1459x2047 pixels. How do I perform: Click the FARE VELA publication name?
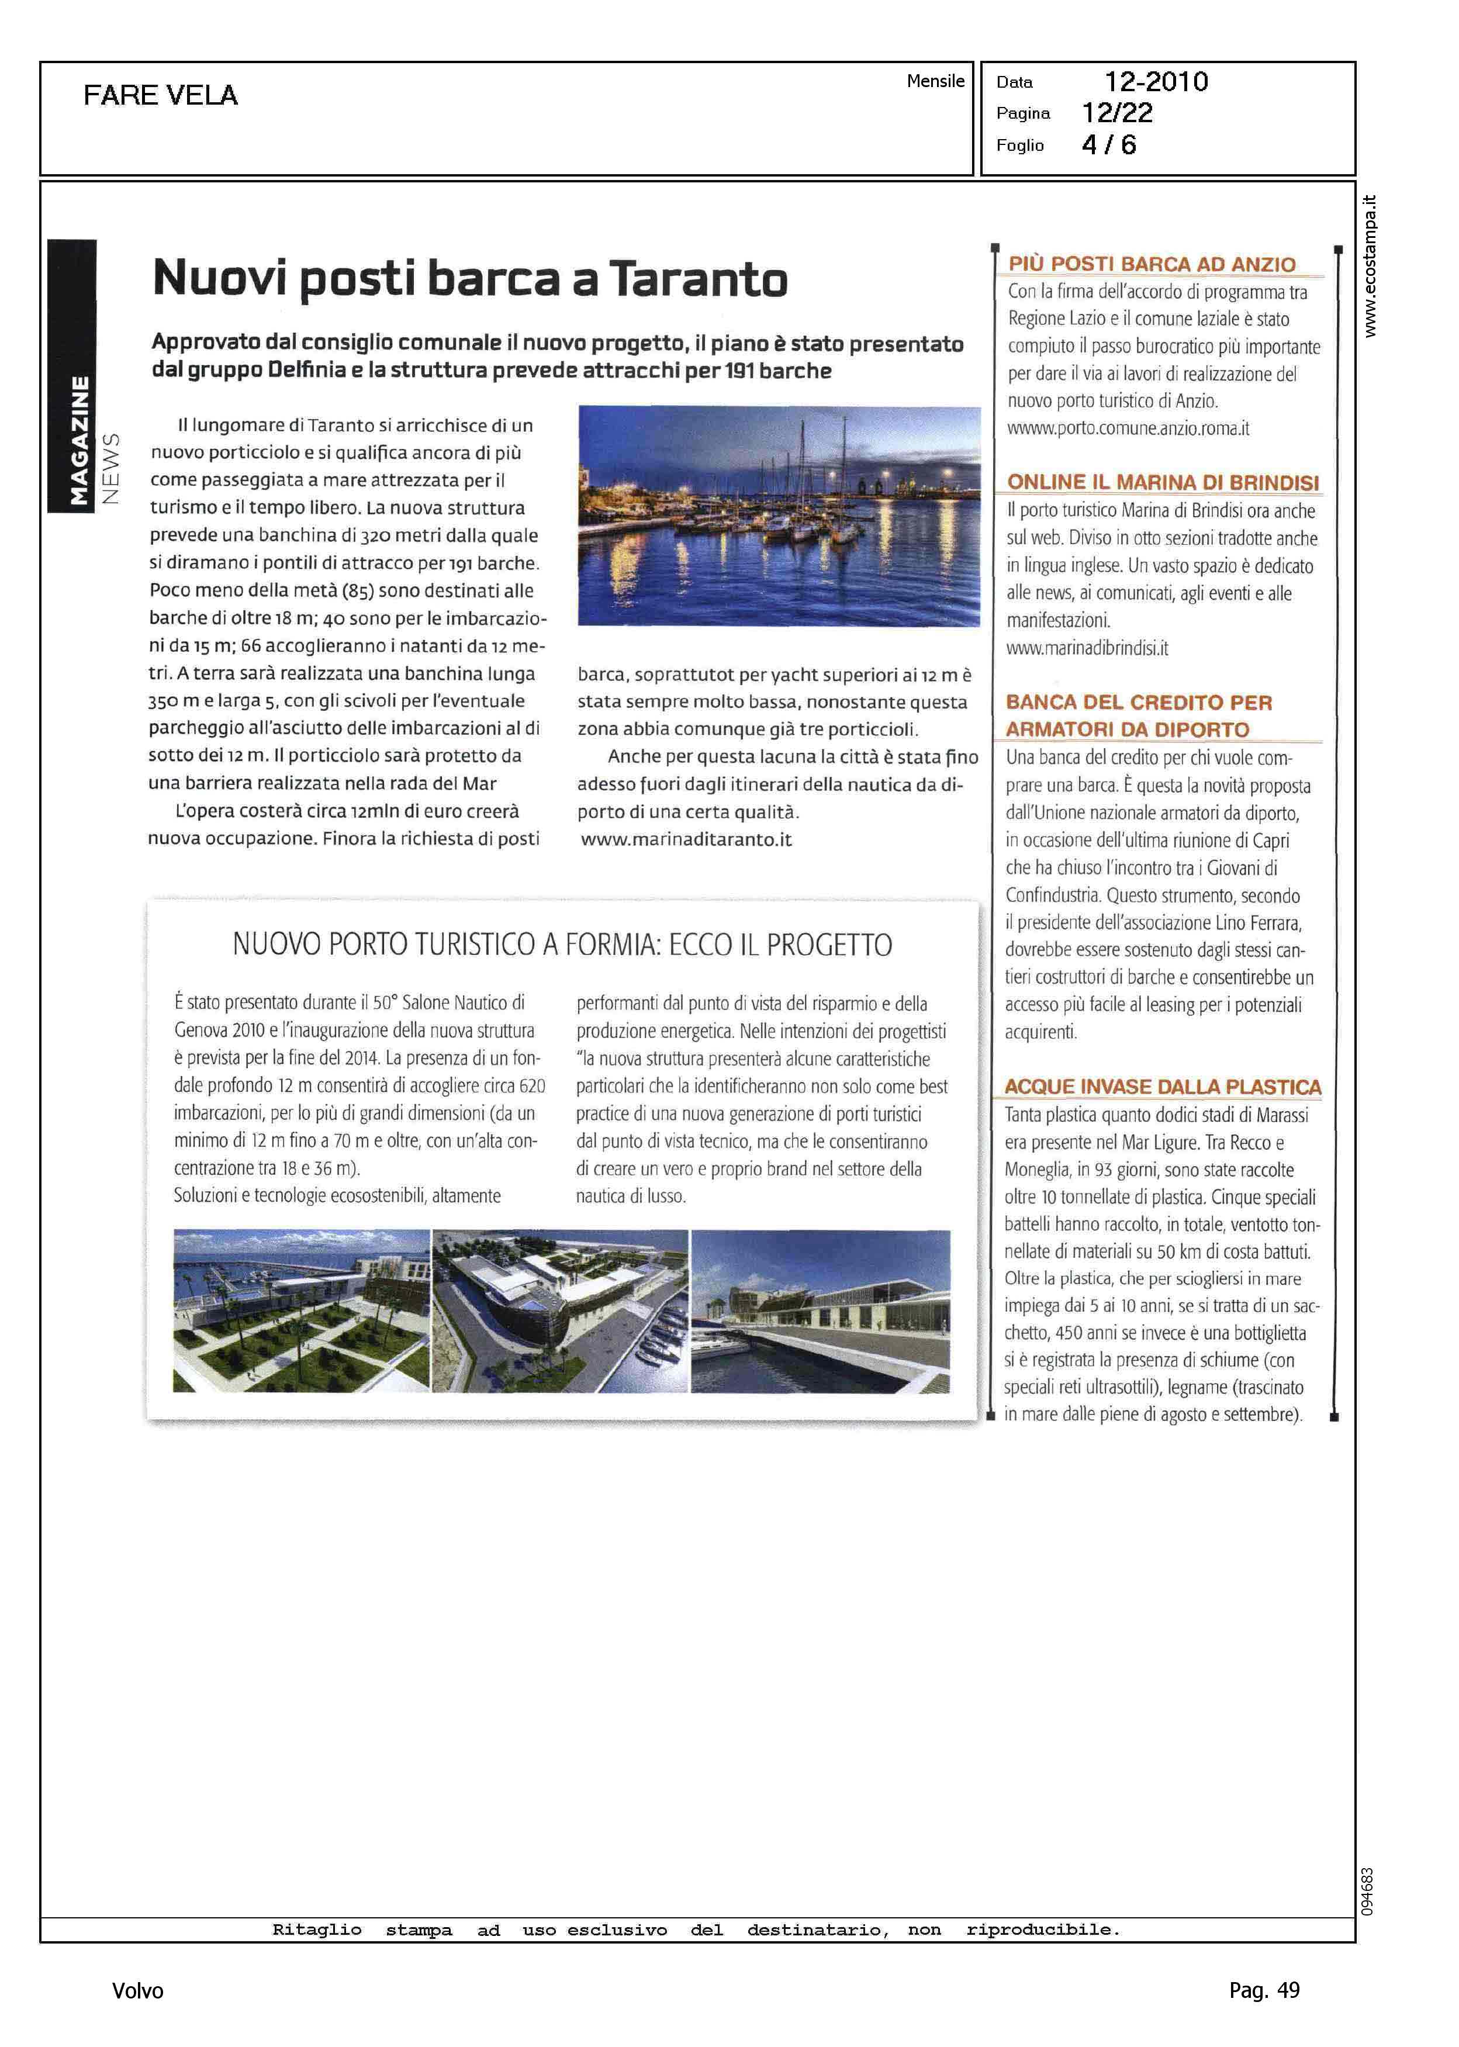click(x=160, y=95)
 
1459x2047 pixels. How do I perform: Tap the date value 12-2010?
click(x=1156, y=82)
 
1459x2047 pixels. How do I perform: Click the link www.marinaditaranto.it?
click(x=686, y=840)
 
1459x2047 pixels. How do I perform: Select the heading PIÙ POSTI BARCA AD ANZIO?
click(x=1152, y=264)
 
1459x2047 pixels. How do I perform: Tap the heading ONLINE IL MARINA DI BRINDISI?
click(x=1163, y=482)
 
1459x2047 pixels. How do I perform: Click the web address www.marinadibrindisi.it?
click(x=1087, y=648)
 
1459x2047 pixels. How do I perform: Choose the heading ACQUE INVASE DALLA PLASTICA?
click(x=1163, y=1087)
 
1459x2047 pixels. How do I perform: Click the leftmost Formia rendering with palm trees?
click(x=301, y=1311)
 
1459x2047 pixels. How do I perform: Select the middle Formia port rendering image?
click(x=560, y=1311)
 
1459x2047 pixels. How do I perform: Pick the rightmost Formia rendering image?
click(x=820, y=1311)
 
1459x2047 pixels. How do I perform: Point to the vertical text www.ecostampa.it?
click(x=1369, y=266)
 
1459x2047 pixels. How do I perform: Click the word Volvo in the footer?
click(x=137, y=1990)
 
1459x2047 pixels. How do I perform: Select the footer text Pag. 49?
click(x=1264, y=1990)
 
